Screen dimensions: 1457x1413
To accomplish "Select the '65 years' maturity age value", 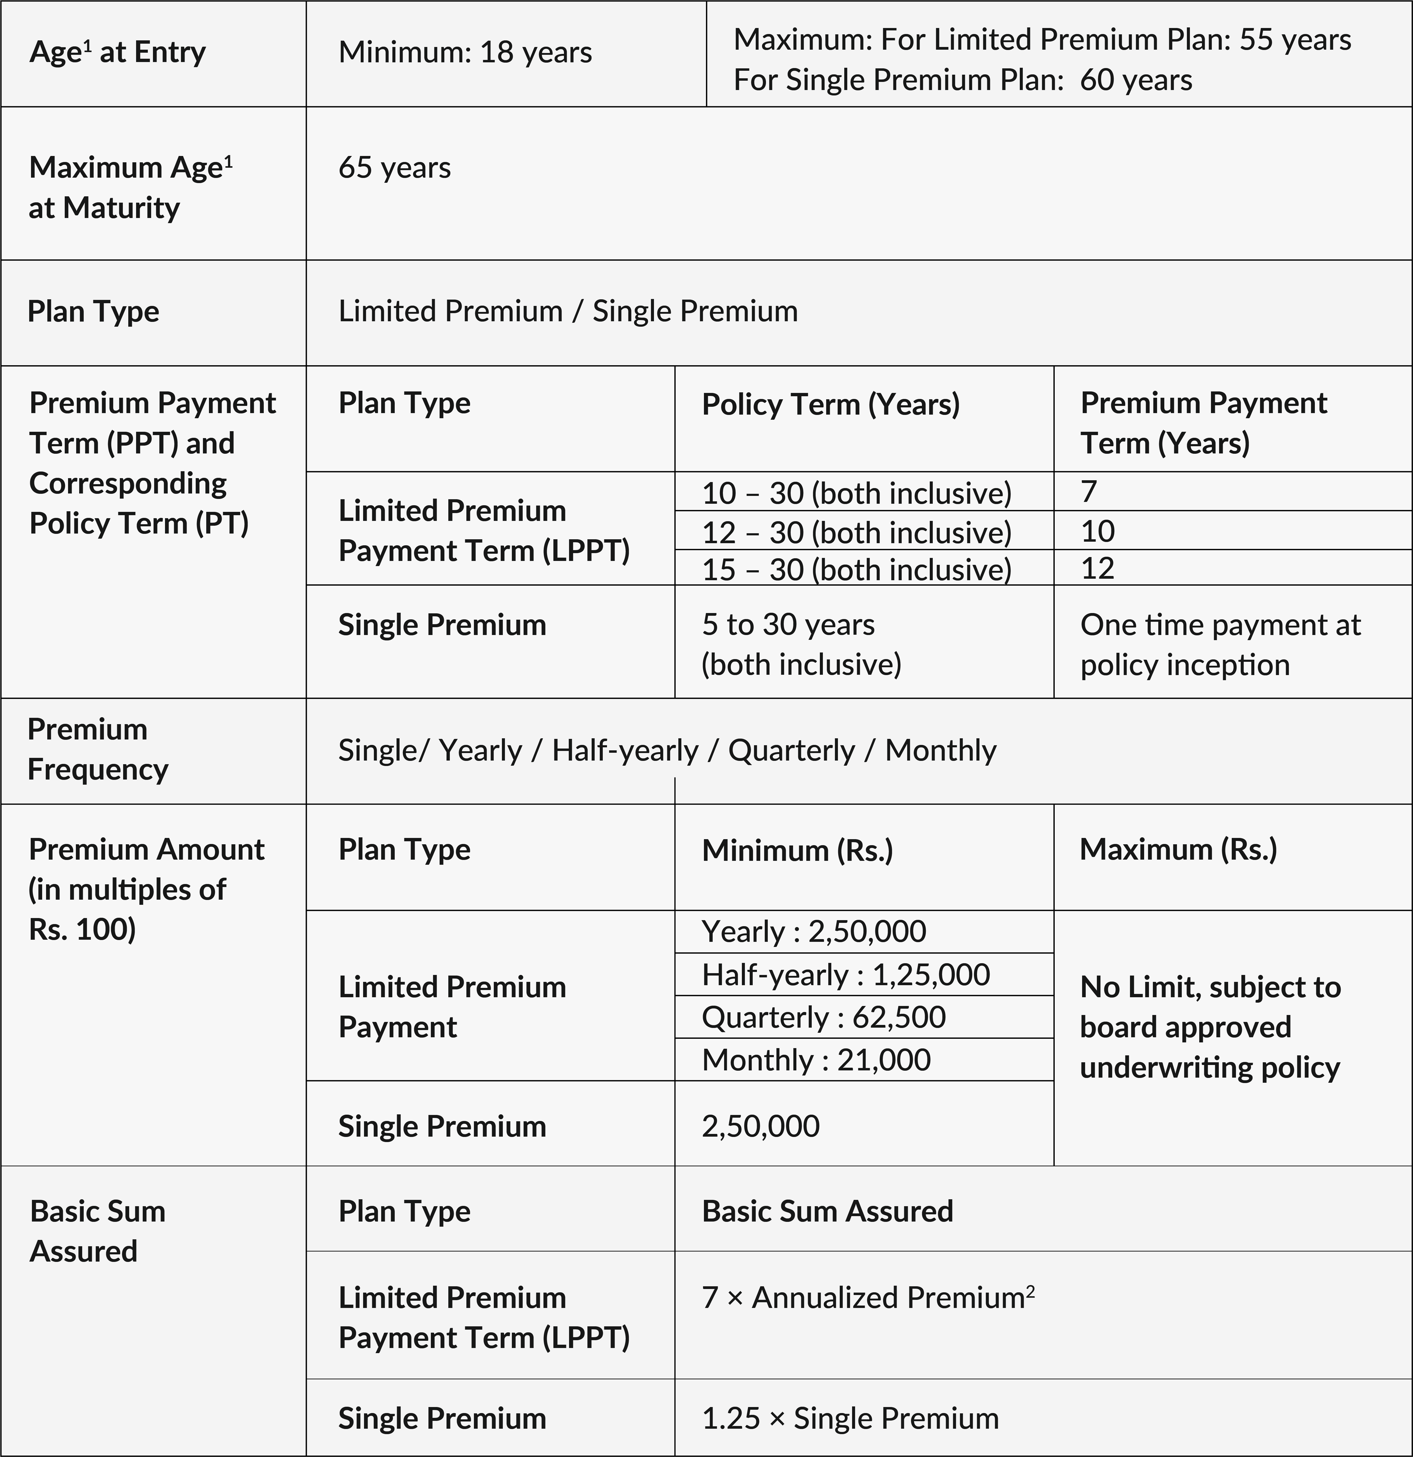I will point(395,168).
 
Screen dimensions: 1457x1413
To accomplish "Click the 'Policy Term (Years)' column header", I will point(830,404).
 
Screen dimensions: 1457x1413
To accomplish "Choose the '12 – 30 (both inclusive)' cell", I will point(856,531).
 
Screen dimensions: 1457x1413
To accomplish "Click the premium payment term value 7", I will point(1089,491).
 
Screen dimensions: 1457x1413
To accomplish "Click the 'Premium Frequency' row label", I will point(97,749).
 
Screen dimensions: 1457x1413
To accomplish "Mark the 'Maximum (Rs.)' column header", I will point(1178,850).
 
